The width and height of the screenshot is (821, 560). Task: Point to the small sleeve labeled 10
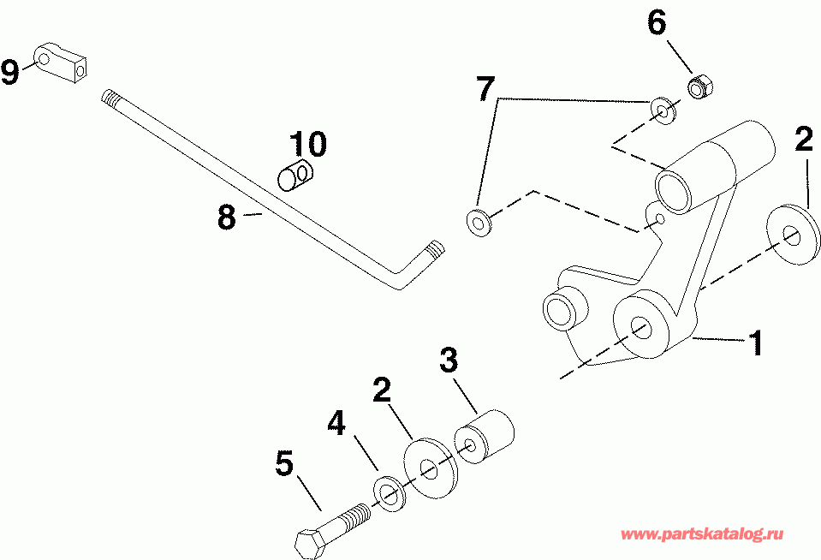[296, 176]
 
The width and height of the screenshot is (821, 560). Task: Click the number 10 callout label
[307, 145]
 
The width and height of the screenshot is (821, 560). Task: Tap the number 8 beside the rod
[226, 217]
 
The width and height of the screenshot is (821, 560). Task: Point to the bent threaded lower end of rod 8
[432, 251]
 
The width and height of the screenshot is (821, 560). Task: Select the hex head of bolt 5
[309, 543]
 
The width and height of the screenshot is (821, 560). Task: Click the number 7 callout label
[485, 88]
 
